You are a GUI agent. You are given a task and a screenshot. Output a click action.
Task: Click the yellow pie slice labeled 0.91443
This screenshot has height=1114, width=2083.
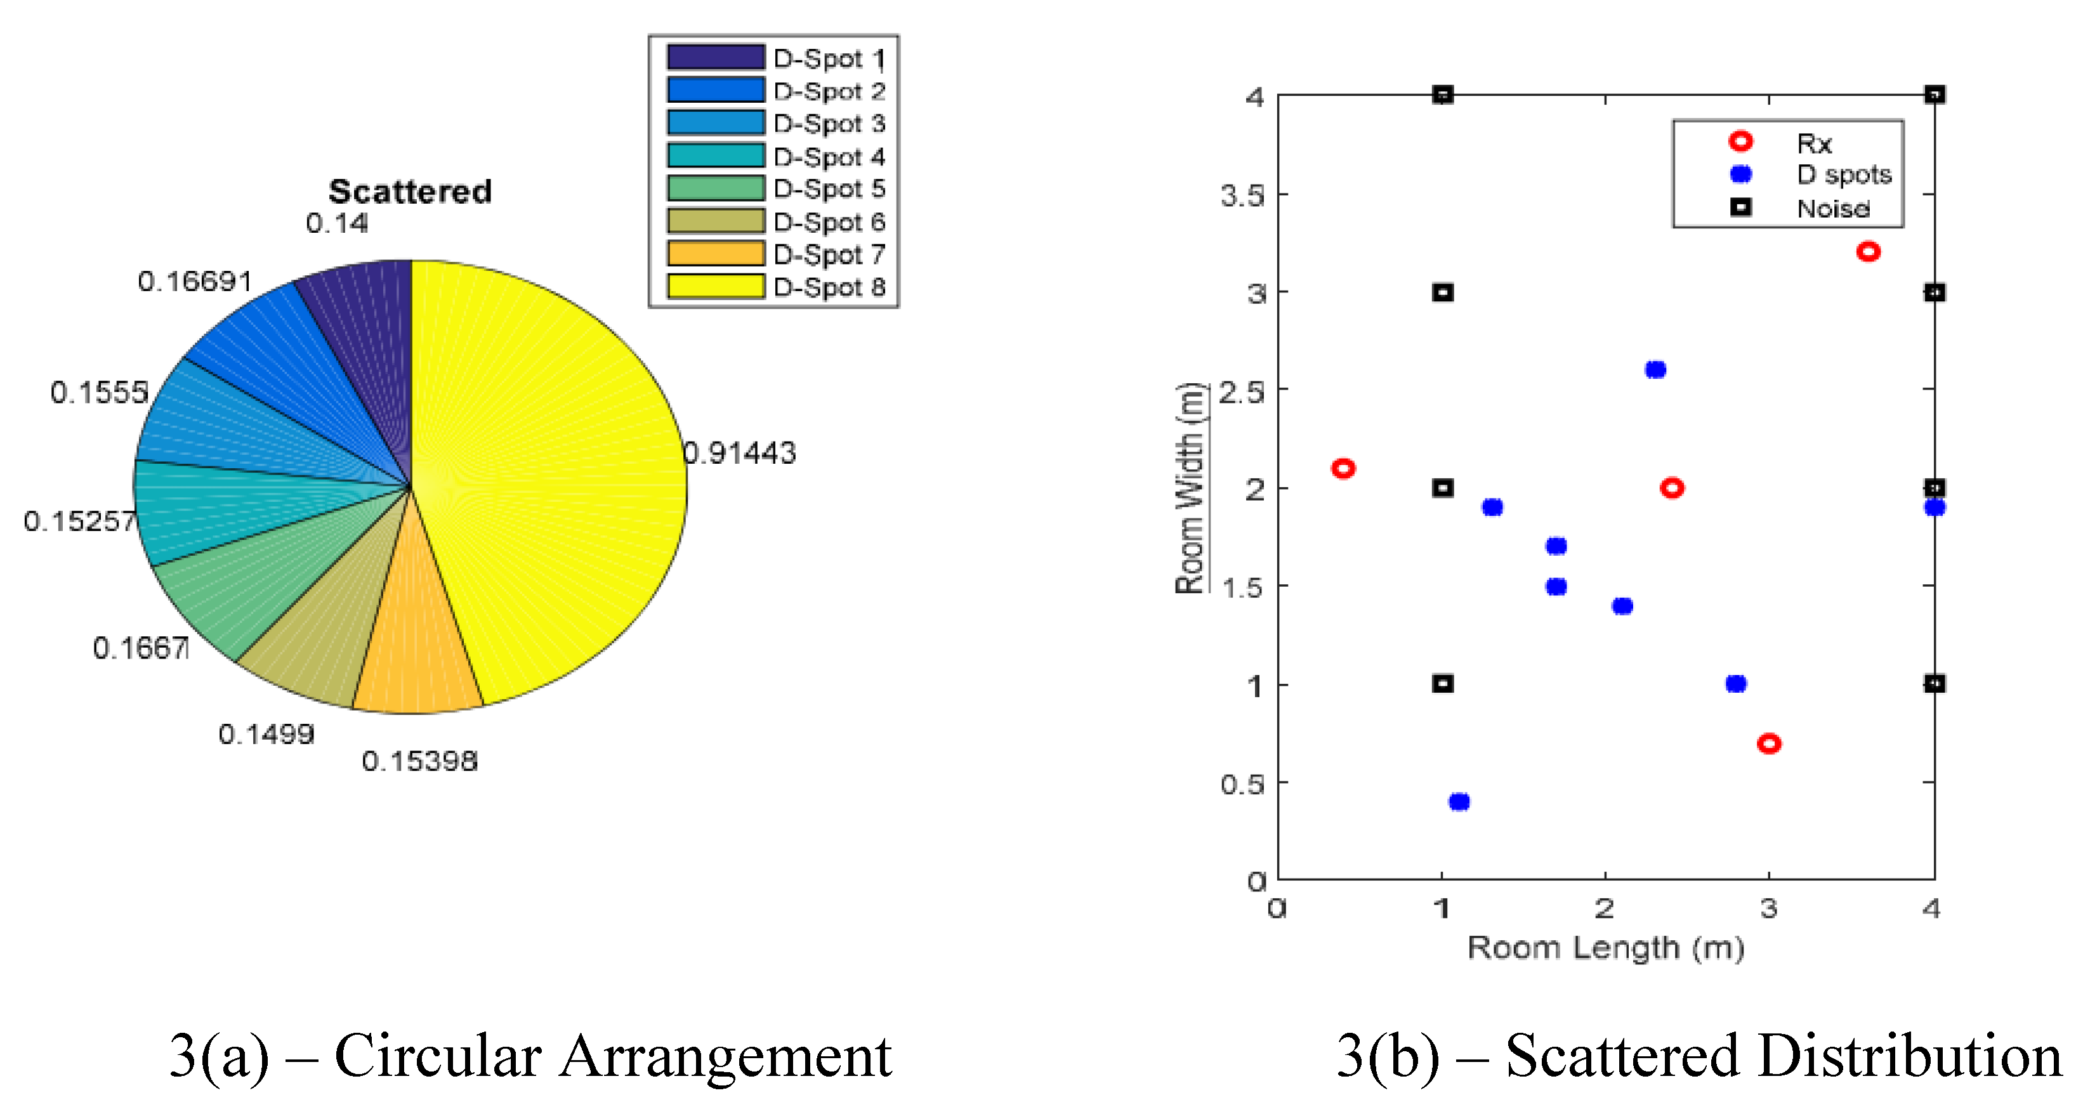[550, 477]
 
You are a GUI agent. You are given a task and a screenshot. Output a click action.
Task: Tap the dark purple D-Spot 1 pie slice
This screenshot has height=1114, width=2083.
[372, 324]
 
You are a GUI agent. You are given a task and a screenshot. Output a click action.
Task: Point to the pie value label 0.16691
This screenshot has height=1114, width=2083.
[195, 281]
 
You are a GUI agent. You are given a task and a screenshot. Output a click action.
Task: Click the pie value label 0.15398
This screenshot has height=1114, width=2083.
[419, 761]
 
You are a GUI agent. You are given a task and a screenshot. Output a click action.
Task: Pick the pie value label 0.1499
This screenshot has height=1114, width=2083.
[266, 734]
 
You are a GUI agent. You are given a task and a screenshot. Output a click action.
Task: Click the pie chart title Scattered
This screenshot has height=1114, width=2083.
[410, 192]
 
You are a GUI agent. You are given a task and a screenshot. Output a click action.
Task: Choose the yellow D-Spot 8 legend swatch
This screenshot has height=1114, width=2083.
[716, 286]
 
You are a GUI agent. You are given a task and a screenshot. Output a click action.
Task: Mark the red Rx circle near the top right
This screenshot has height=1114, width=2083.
[1868, 251]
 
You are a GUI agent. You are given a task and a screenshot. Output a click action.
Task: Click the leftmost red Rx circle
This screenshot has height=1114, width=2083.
[1343, 468]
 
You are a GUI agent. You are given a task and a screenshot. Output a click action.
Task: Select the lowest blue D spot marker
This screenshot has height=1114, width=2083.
[1459, 802]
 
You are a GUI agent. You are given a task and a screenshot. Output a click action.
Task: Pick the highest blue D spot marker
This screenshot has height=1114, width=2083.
[1655, 369]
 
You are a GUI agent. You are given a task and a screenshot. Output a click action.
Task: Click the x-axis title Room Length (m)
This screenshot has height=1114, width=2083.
[1605, 947]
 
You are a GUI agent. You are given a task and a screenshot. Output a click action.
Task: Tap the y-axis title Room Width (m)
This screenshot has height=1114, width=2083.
[1190, 487]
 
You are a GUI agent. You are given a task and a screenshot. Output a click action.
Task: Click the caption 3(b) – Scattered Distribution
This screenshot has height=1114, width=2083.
[1698, 1056]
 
